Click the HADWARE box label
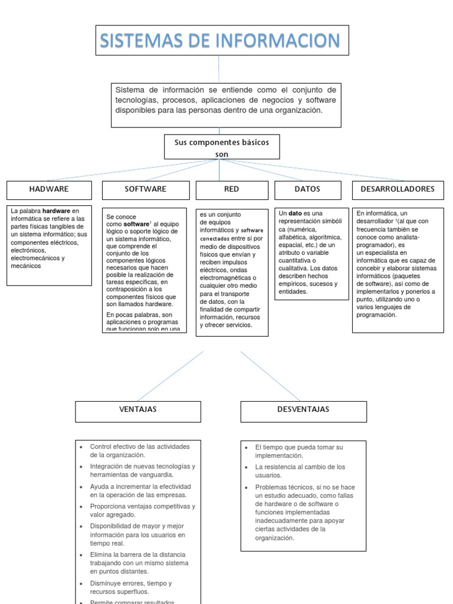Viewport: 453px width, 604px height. pyautogui.click(x=49, y=189)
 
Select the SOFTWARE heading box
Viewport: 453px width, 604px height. pyautogui.click(x=146, y=189)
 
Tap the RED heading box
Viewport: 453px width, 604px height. pyautogui.click(x=232, y=189)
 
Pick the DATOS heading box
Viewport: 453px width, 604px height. pyautogui.click(x=307, y=189)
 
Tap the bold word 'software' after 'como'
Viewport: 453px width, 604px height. pyautogui.click(x=136, y=225)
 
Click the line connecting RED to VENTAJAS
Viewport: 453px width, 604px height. pyautogui.click(x=171, y=376)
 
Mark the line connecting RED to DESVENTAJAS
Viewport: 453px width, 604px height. pyautogui.click(x=271, y=376)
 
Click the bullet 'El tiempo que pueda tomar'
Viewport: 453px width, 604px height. pyautogui.click(x=298, y=451)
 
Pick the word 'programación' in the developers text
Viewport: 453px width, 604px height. pyautogui.click(x=376, y=314)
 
